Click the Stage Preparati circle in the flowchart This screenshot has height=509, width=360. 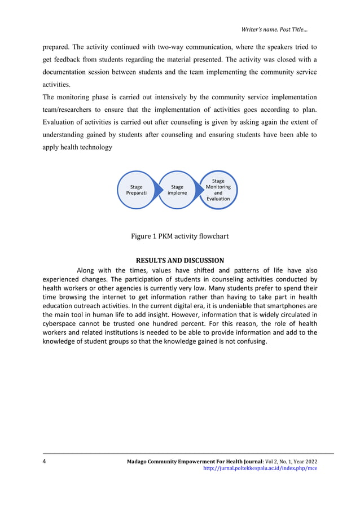coord(136,190)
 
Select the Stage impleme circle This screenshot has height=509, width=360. coord(177,190)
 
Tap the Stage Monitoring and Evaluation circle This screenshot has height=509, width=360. coord(218,190)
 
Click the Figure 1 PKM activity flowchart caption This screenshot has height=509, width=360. coord(179,236)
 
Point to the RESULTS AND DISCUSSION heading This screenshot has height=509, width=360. coord(180,261)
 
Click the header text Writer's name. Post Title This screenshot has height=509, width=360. coord(274,29)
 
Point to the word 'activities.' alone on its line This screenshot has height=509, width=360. coord(57,85)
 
